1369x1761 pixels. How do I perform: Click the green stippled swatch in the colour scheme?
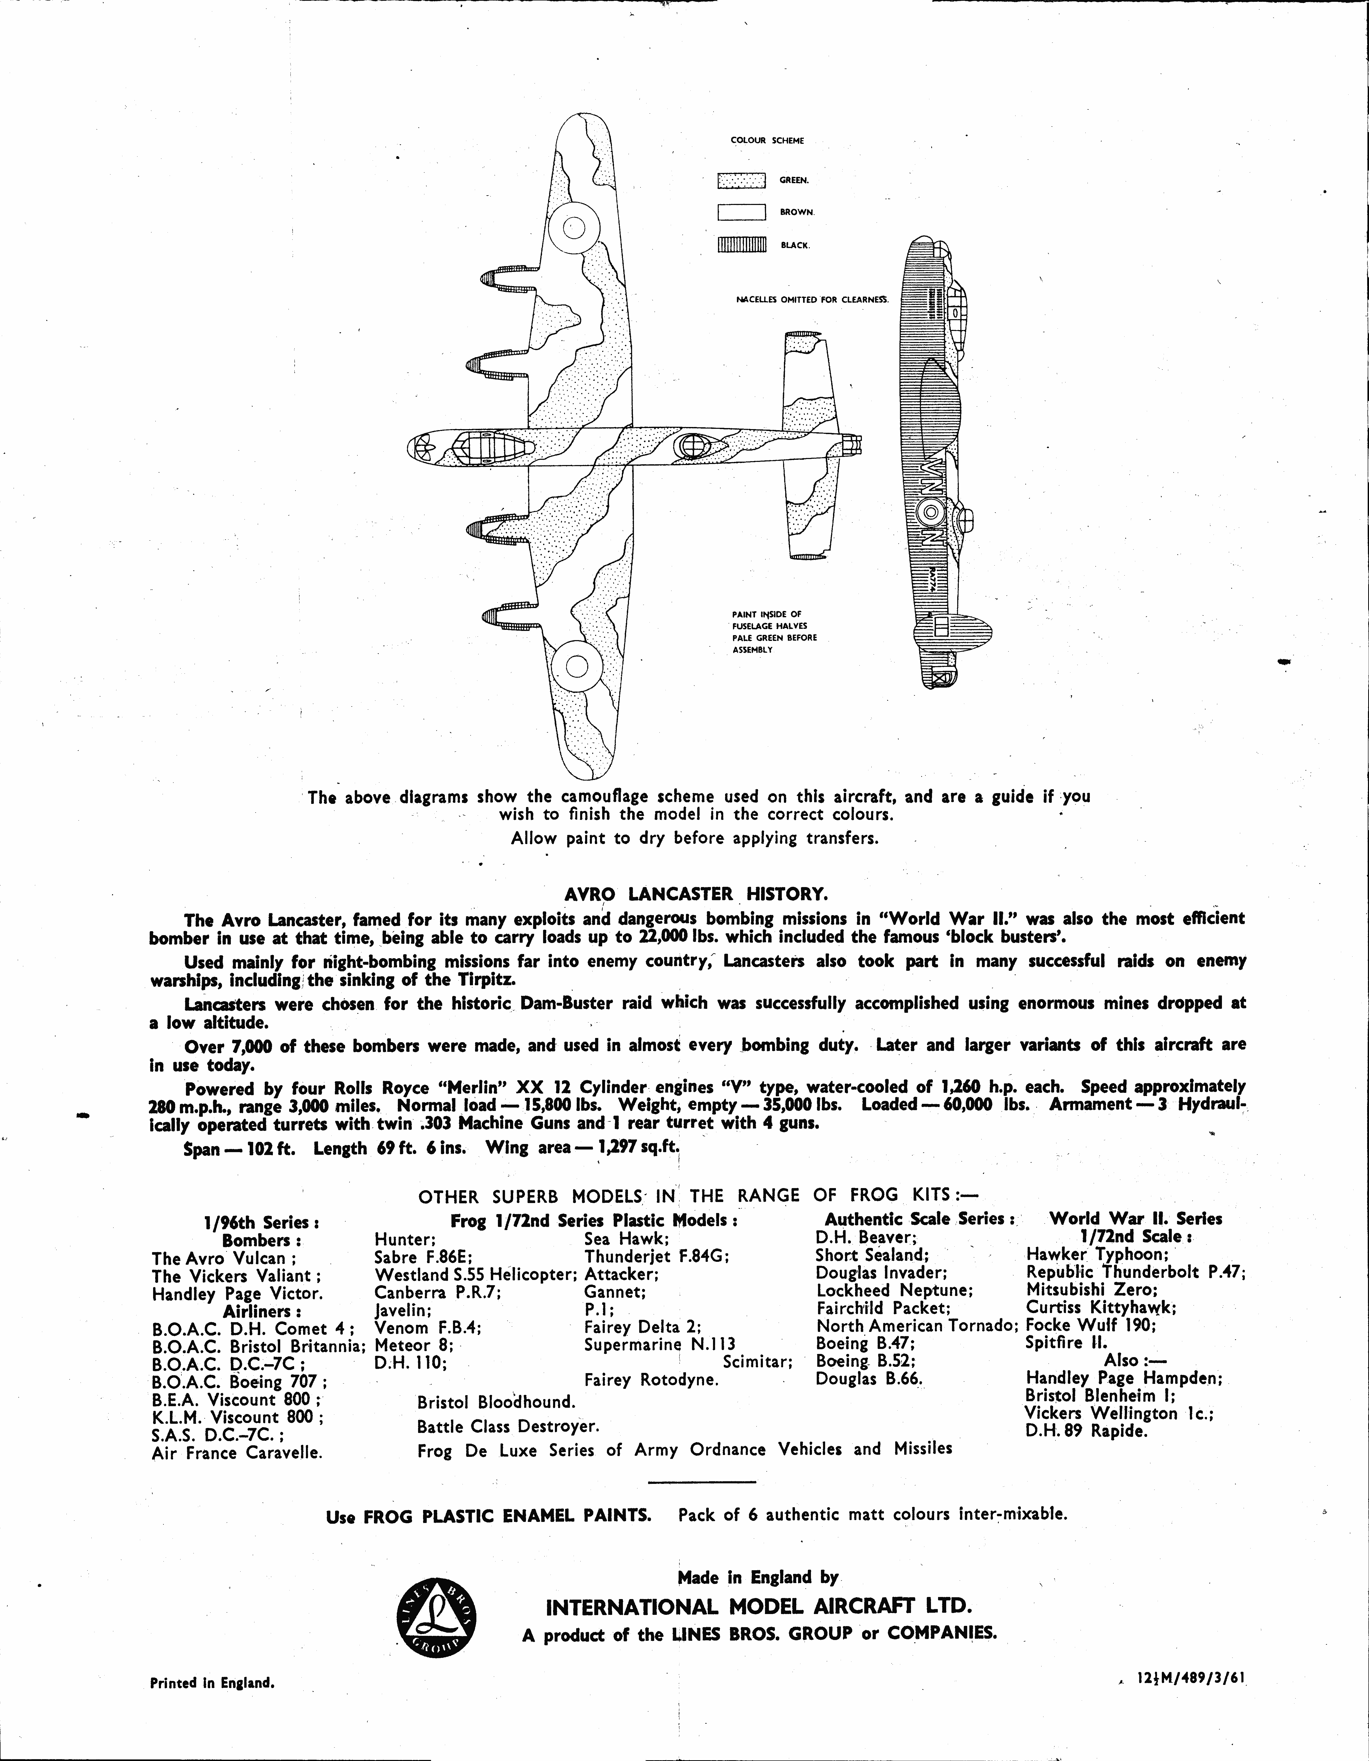point(741,181)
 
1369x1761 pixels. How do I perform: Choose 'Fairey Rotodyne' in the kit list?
point(651,1380)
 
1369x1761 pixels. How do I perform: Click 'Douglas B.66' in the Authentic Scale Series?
point(869,1378)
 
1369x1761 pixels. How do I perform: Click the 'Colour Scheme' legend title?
point(767,140)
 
